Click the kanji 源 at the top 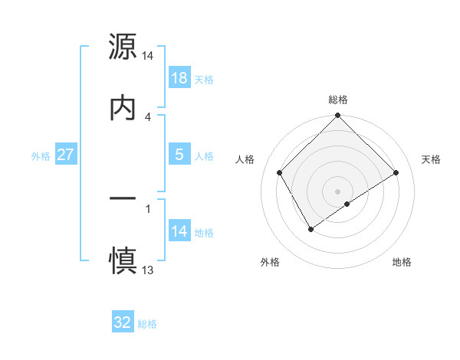(x=123, y=47)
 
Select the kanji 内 (x=123, y=107)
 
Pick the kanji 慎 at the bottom (x=123, y=260)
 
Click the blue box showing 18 (x=179, y=78)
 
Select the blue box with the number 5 (x=179, y=155)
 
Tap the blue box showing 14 (x=179, y=231)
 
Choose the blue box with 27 (x=65, y=155)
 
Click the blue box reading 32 (x=123, y=322)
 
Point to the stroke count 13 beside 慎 (x=148, y=270)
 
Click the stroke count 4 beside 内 (x=148, y=116)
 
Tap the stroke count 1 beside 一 (x=148, y=208)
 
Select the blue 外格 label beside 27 (x=41, y=155)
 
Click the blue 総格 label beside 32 (x=147, y=323)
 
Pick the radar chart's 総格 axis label (x=338, y=100)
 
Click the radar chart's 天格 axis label (x=431, y=159)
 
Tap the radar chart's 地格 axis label (x=402, y=262)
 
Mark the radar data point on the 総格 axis (x=338, y=116)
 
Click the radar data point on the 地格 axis (x=347, y=204)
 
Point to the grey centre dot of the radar (x=338, y=191)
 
